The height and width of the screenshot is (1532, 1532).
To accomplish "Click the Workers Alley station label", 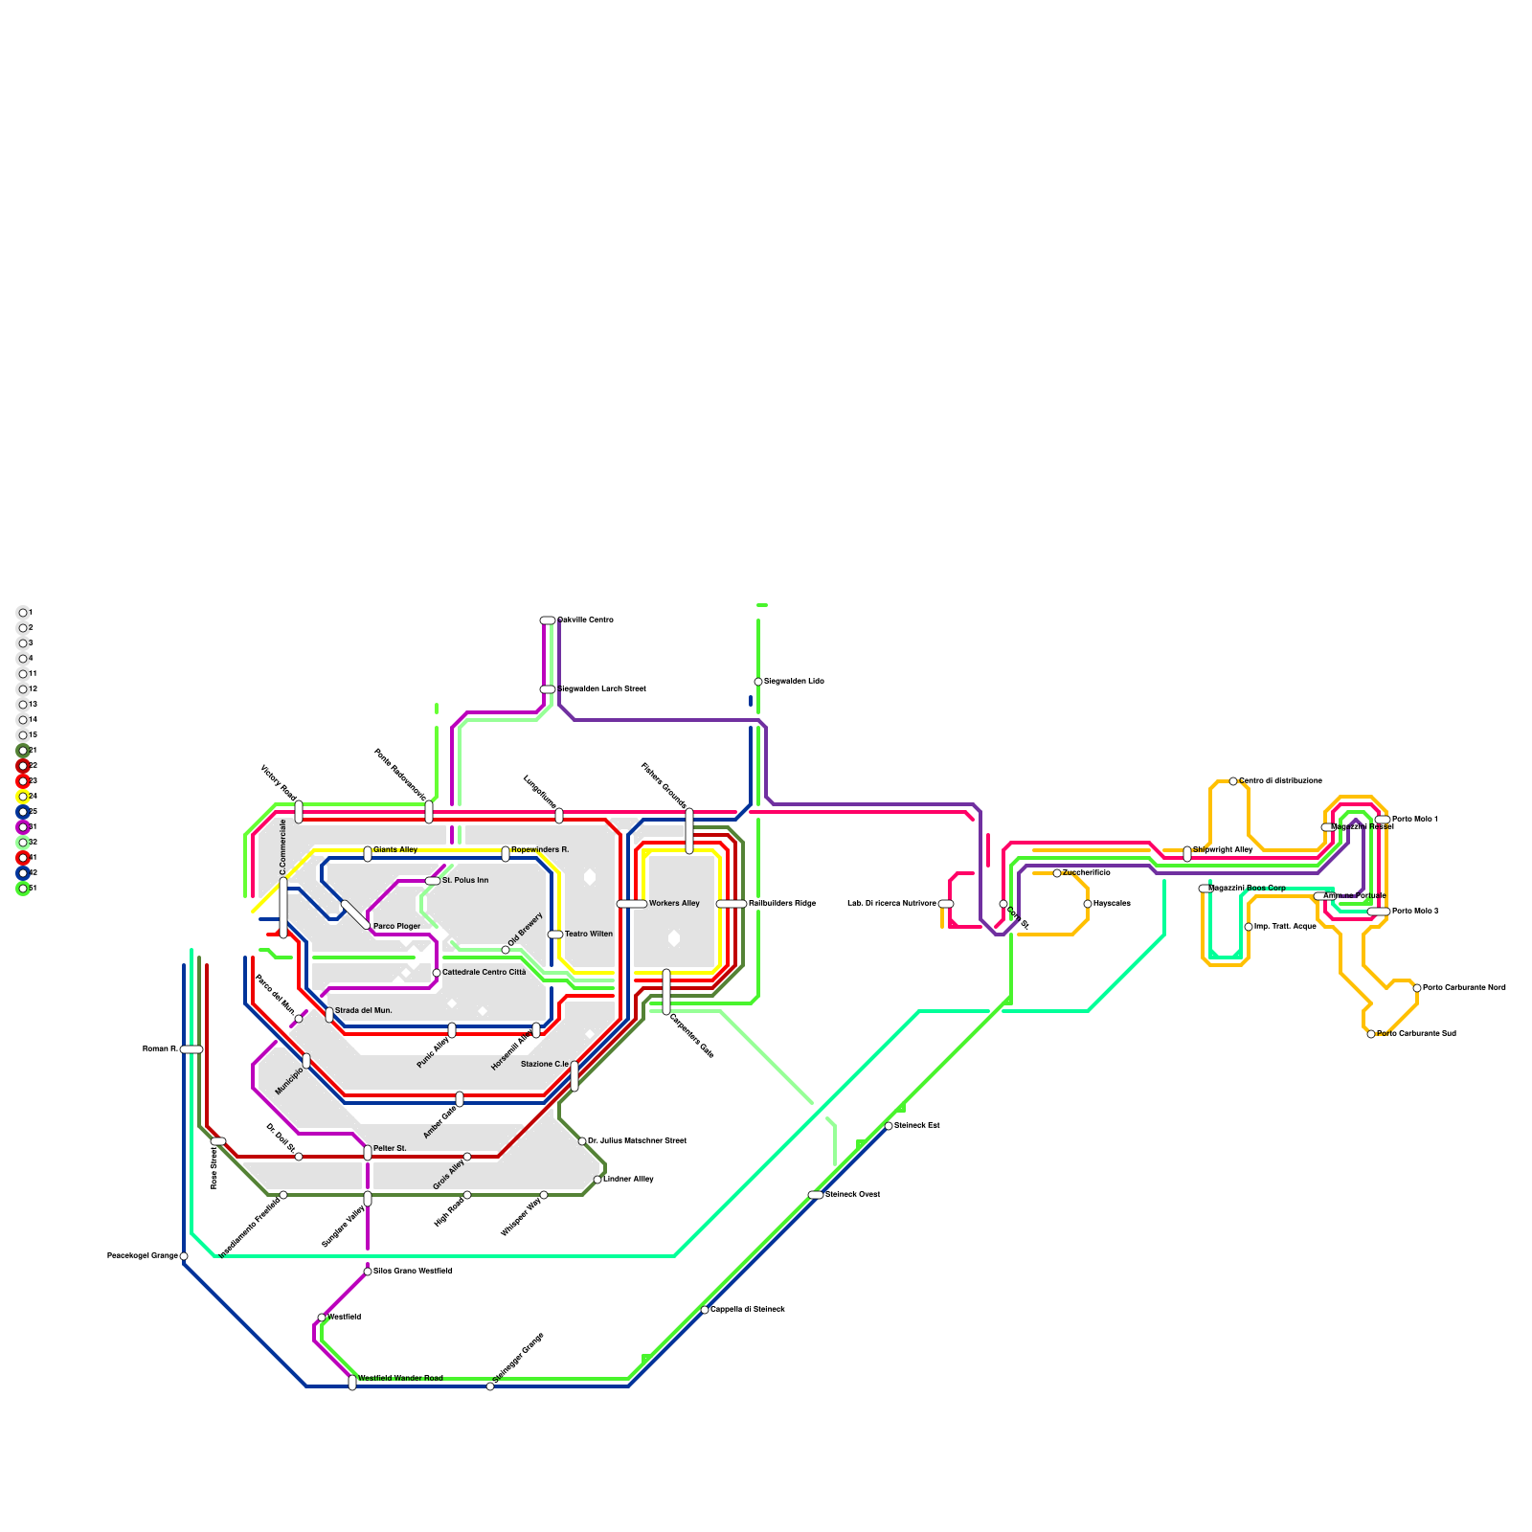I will (674, 903).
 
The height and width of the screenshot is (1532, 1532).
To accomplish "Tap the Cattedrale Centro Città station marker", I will (437, 973).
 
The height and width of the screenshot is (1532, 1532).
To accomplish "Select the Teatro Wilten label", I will (588, 934).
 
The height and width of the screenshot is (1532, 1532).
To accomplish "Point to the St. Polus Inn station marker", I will (433, 881).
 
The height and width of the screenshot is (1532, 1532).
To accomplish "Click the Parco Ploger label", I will (396, 926).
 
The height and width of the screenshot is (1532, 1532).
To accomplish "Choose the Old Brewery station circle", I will (506, 950).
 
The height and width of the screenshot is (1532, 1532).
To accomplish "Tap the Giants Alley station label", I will (395, 849).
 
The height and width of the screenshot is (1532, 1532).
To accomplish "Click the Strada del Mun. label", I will (363, 1010).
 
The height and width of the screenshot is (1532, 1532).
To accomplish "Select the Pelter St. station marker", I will (368, 1152).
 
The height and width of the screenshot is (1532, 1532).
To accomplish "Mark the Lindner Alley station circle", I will (597, 1180).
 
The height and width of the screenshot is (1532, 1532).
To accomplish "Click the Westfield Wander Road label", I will (400, 1378).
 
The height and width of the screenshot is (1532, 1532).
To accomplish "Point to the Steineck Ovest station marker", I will (816, 1195).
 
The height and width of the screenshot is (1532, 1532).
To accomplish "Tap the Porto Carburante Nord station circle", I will (1417, 988).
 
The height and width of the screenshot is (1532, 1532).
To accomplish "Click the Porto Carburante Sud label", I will (1416, 1033).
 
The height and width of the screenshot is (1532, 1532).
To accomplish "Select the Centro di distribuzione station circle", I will (1233, 781).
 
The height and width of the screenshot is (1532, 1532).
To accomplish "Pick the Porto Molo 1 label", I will (1414, 819).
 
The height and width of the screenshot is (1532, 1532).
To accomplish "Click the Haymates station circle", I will (1088, 904).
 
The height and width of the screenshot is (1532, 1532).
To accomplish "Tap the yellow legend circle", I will (23, 797).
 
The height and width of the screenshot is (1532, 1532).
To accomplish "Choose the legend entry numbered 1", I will (23, 613).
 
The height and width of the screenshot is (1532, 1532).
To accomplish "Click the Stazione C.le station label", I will (545, 1064).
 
